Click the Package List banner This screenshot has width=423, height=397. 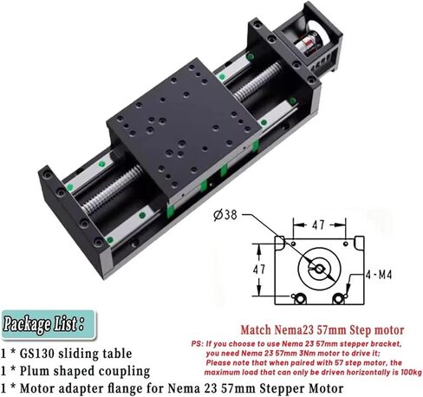point(44,325)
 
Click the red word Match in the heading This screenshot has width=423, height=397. point(257,329)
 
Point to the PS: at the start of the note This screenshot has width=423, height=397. point(198,343)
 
